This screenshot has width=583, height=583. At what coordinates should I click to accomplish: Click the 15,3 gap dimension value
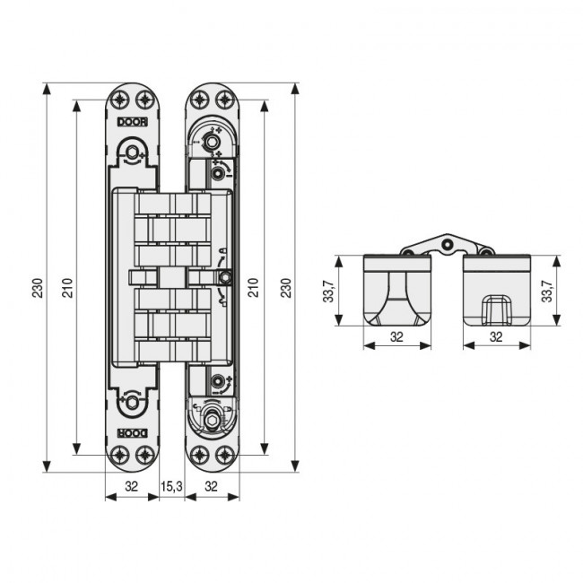(171, 487)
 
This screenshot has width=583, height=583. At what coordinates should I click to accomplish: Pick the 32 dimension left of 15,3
(132, 487)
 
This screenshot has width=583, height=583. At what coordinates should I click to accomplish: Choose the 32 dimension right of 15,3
(211, 487)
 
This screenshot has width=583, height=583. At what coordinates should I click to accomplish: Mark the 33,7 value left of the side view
(329, 291)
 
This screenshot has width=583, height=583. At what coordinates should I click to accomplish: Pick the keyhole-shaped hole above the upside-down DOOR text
(133, 403)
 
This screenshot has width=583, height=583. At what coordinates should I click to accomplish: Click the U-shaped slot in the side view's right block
(494, 308)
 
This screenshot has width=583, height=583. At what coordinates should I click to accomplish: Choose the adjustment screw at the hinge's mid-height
(225, 276)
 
